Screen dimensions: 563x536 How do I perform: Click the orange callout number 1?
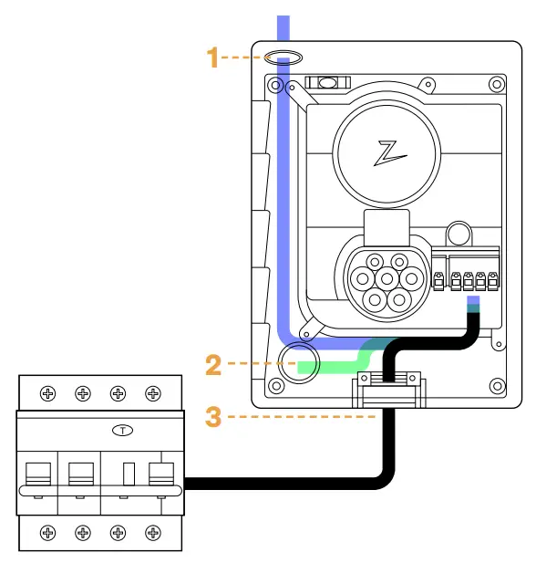[x=212, y=58]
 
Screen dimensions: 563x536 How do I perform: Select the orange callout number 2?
[x=212, y=365]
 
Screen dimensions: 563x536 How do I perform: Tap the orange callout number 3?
[x=212, y=417]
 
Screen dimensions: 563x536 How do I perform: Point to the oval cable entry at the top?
[x=284, y=58]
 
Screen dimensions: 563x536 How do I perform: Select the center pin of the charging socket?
[x=387, y=277]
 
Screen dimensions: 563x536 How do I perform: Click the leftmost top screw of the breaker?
[x=47, y=394]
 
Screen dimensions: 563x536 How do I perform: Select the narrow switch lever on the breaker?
[x=129, y=474]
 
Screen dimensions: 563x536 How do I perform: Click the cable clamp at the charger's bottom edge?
[x=387, y=390]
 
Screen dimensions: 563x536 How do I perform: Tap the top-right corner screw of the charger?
[x=496, y=85]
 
